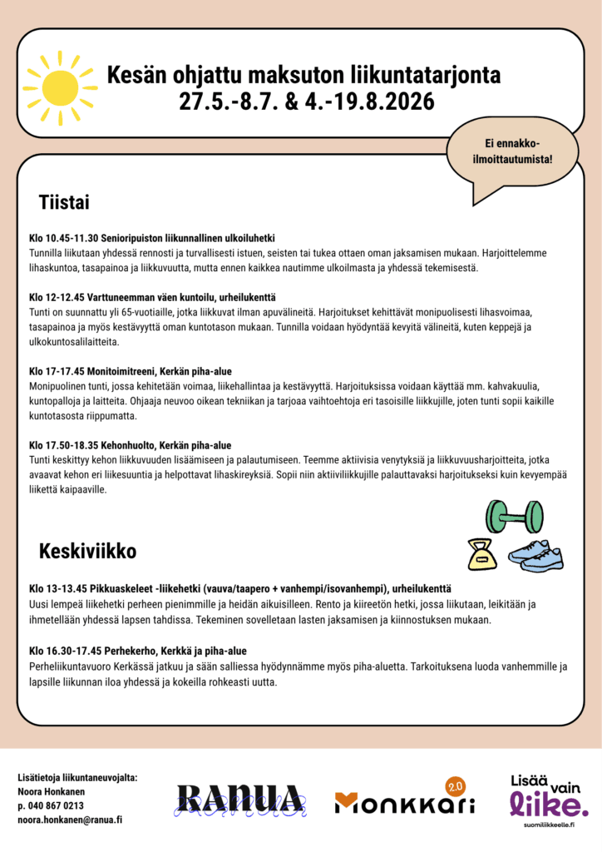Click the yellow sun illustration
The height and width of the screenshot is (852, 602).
pyautogui.click(x=59, y=88)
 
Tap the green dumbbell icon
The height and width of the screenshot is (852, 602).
pyautogui.click(x=513, y=516)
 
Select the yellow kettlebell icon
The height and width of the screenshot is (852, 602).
pyautogui.click(x=481, y=554)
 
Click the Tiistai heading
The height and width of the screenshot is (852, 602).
pyautogui.click(x=64, y=202)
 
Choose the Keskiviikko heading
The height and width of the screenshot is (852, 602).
pyautogui.click(x=87, y=551)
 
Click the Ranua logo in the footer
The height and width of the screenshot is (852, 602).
pyautogui.click(x=239, y=800)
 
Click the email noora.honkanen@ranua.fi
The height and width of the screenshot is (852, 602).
pyautogui.click(x=70, y=820)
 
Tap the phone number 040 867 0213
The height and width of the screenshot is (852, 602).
pyautogui.click(x=51, y=805)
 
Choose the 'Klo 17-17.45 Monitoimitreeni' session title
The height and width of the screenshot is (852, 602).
pyautogui.click(x=130, y=372)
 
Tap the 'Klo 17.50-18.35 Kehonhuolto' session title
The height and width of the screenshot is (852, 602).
pyautogui.click(x=130, y=445)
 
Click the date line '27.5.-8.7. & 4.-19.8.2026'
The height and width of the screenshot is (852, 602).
pyautogui.click(x=306, y=102)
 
